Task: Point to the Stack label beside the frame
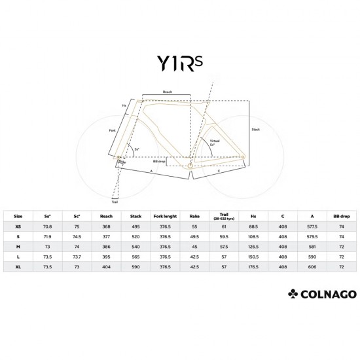(256, 130)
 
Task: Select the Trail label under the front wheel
(115, 202)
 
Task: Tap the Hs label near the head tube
(124, 105)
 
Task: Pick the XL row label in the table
(18, 266)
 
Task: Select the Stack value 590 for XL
(136, 266)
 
